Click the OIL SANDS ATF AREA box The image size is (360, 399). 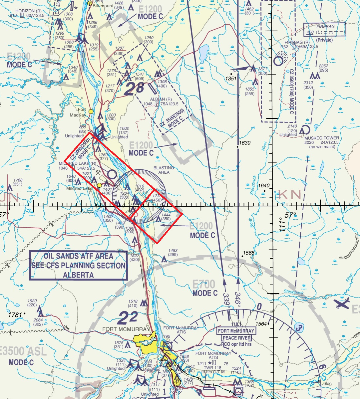click(79, 265)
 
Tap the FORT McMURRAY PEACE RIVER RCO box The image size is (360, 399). click(236, 334)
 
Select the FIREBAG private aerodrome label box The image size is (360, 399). click(325, 29)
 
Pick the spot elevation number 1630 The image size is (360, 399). click(245, 143)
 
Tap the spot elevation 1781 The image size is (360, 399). click(15, 314)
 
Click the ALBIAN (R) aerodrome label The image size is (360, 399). click(161, 99)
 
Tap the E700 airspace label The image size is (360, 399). click(204, 285)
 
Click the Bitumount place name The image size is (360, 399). click(103, 6)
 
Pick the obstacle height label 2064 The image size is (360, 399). click(38, 320)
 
